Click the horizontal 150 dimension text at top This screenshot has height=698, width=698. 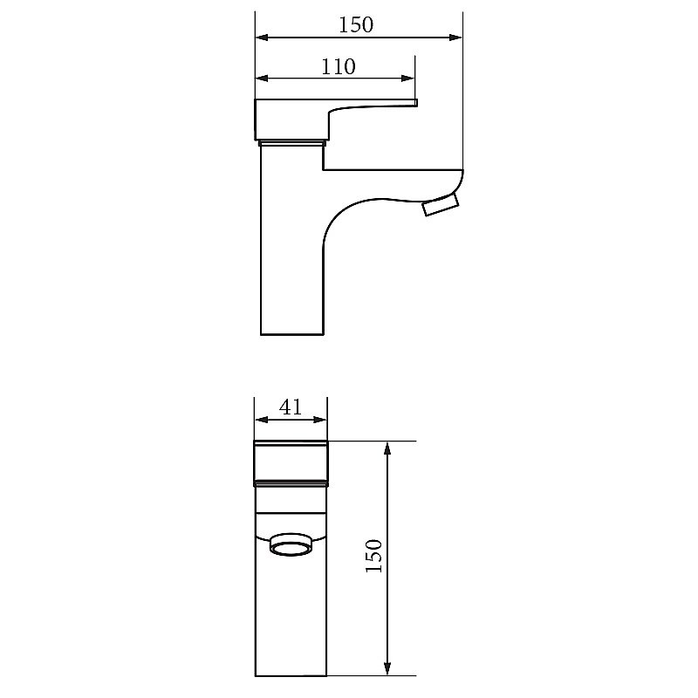[x=356, y=25]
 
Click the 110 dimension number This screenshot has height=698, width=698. [x=339, y=67]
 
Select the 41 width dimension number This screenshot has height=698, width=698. [x=291, y=407]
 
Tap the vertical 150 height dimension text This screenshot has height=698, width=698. [x=374, y=556]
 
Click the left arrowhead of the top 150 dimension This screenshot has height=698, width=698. [x=262, y=38]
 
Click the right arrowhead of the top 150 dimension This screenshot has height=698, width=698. [x=455, y=38]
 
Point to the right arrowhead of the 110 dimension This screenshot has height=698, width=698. [x=408, y=79]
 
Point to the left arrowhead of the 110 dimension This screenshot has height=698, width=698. [x=262, y=79]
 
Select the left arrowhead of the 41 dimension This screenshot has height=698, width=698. [x=261, y=420]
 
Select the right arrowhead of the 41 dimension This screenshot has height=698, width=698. [x=320, y=420]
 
